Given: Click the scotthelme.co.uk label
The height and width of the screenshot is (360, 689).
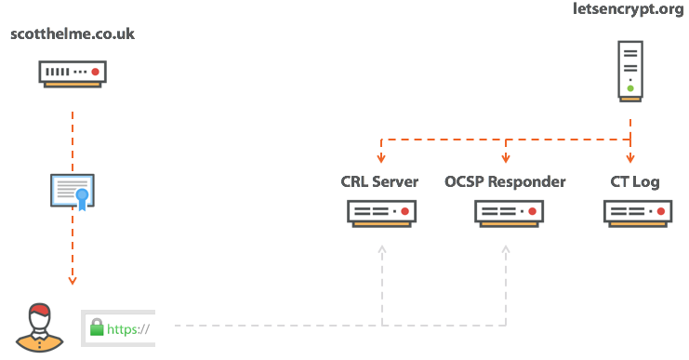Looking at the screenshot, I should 73,34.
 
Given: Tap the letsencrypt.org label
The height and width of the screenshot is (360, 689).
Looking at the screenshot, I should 629,10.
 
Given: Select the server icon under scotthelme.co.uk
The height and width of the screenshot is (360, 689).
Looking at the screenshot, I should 73,73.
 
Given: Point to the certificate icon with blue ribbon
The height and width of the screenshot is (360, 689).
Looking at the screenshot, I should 73,190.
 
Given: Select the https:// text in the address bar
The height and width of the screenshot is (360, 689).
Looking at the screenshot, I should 128,328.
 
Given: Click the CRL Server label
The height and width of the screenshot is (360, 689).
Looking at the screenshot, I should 380,181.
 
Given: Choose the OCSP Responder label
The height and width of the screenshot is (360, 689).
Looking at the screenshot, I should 506,181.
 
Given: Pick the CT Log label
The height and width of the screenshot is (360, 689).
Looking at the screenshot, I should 635,181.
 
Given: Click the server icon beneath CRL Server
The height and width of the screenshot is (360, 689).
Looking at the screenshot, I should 382,213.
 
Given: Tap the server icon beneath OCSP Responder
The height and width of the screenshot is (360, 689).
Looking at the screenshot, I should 508,213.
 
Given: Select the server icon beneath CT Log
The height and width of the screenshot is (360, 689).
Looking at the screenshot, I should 637,213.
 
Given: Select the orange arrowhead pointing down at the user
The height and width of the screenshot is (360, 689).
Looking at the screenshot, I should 73,280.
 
